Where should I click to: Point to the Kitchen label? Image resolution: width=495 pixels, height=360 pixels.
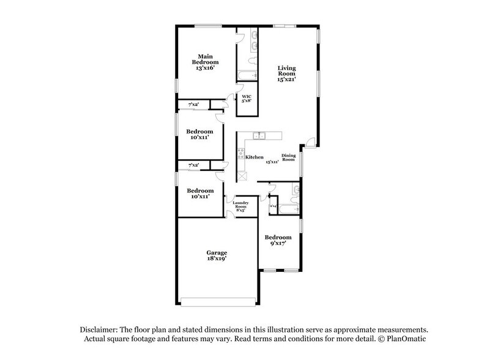[255, 157]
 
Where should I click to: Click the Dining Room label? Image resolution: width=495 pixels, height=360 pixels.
[289, 157]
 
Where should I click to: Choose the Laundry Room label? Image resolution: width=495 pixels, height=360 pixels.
[240, 205]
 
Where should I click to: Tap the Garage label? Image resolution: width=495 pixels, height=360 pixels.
[217, 252]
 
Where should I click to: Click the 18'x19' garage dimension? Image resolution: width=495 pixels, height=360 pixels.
[217, 260]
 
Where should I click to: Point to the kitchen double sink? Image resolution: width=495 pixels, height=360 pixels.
[260, 135]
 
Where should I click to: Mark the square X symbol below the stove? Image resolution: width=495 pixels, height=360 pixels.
[242, 176]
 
